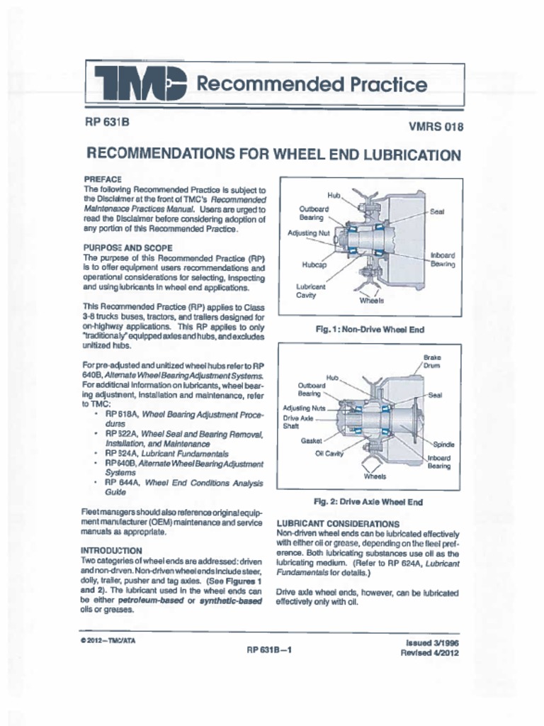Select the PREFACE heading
tap(103, 179)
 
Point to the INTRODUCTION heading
tap(111, 550)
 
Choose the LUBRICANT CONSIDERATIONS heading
tap(338, 524)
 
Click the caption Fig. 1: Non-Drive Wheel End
tap(370, 329)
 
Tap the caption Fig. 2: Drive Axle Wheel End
tap(368, 502)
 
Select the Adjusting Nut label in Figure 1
tap(308, 233)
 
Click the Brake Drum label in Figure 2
tap(432, 362)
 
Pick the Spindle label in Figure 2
tap(443, 444)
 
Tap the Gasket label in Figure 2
tap(312, 440)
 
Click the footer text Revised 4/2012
tap(429, 653)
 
